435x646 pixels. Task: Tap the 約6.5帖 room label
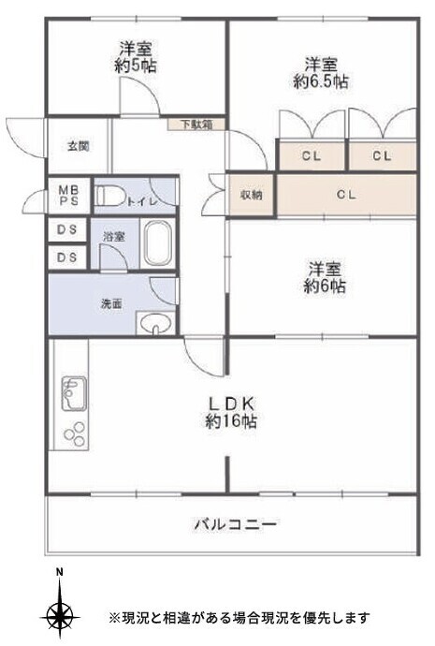[321, 72]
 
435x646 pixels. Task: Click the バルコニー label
[235, 524]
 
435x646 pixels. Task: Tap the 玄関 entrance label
[77, 146]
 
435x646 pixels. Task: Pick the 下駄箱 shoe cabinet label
[196, 124]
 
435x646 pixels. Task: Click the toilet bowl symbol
[111, 197]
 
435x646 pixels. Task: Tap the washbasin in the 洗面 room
[155, 325]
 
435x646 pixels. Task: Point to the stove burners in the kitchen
[73, 433]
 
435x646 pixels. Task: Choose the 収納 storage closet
[251, 195]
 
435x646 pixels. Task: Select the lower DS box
[66, 257]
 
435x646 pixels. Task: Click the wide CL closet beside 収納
[345, 195]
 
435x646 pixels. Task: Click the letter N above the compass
[60, 572]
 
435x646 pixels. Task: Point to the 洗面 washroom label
[111, 303]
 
